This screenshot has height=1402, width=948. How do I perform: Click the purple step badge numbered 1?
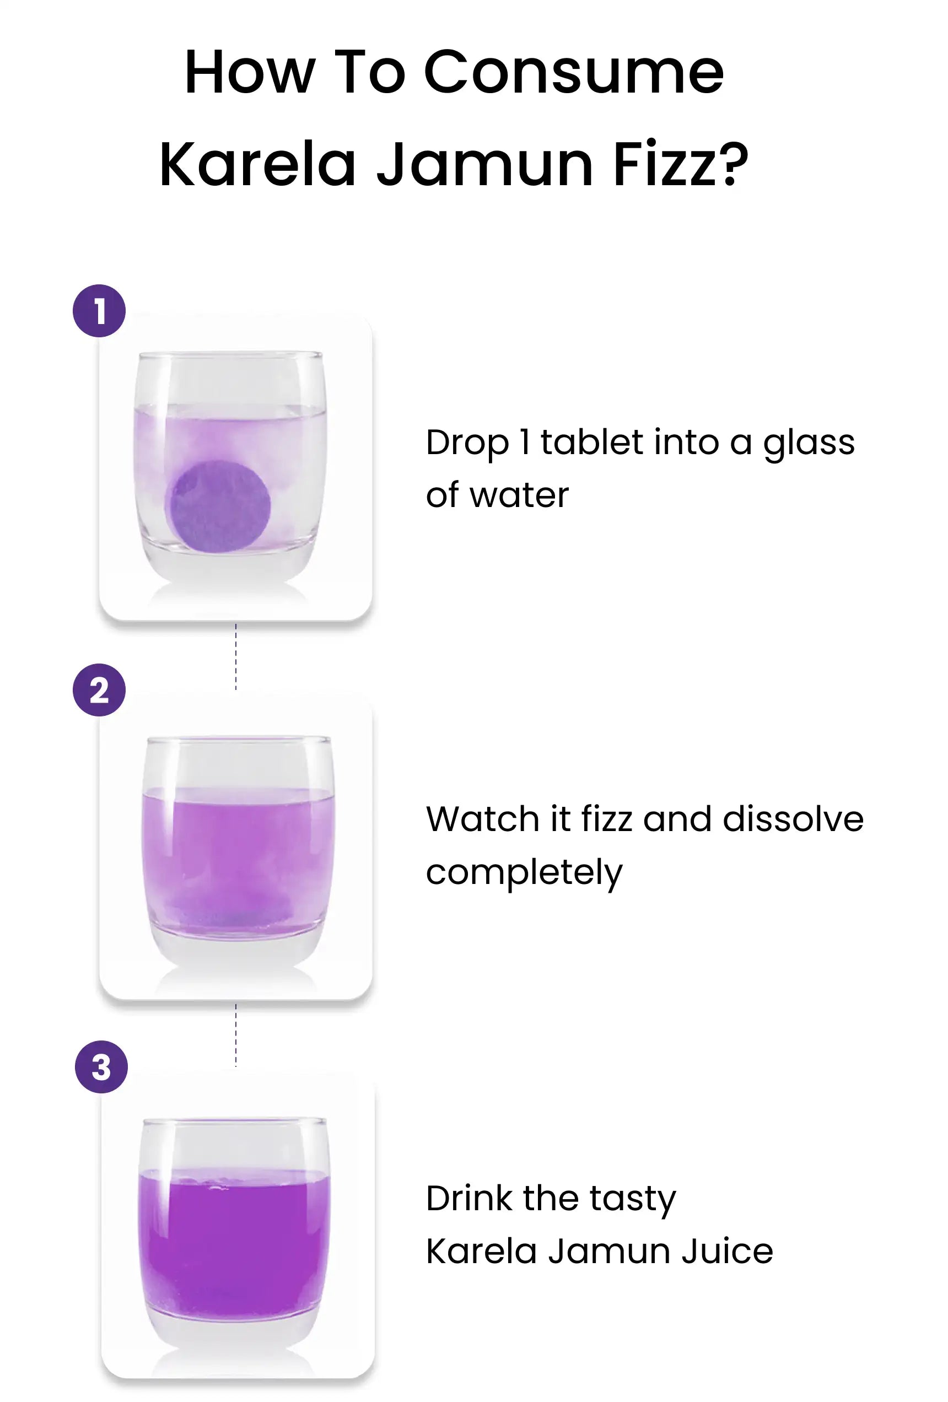coord(99,311)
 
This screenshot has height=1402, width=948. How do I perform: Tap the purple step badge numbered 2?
coord(99,689)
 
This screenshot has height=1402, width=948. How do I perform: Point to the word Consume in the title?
coord(574,72)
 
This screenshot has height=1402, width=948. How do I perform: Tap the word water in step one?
coord(519,495)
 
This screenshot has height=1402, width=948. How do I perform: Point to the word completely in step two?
coord(524,873)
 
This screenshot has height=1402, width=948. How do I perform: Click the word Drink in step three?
coord(469,1198)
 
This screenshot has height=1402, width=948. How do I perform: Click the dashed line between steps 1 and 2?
coord(236,657)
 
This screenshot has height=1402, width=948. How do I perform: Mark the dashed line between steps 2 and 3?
coord(236,1035)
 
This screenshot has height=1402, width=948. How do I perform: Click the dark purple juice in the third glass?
coord(234,1249)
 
